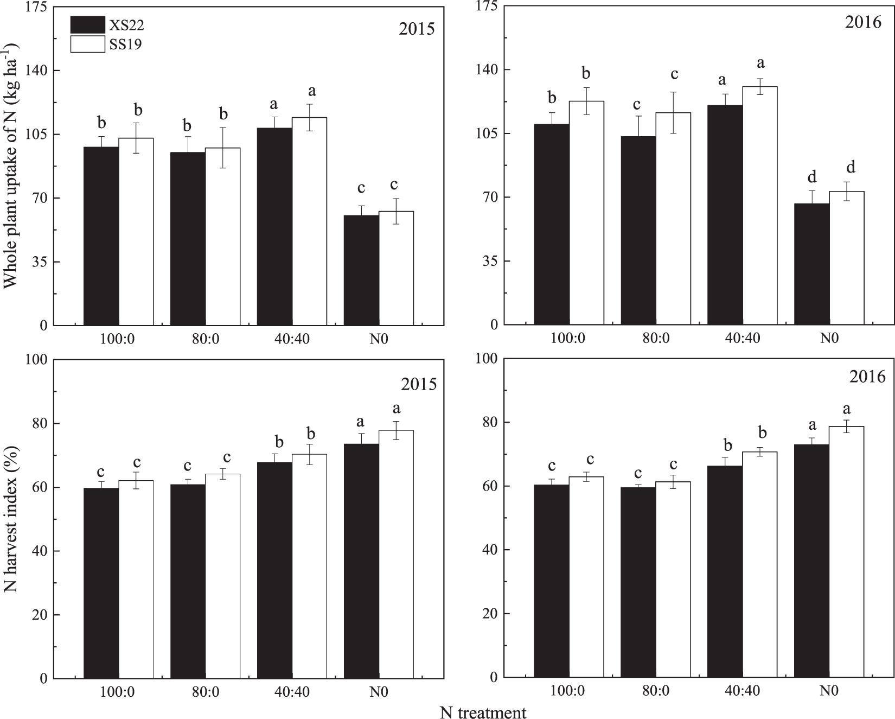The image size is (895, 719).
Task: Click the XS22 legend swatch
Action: [x=87, y=24]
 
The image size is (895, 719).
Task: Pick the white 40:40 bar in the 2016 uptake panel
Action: [x=759, y=206]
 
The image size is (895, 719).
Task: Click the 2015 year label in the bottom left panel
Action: [x=418, y=384]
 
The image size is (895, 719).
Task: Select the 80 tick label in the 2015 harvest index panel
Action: [x=39, y=423]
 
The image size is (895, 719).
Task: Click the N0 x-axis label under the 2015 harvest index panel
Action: [x=378, y=692]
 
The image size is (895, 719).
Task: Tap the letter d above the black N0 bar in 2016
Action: [x=811, y=177]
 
